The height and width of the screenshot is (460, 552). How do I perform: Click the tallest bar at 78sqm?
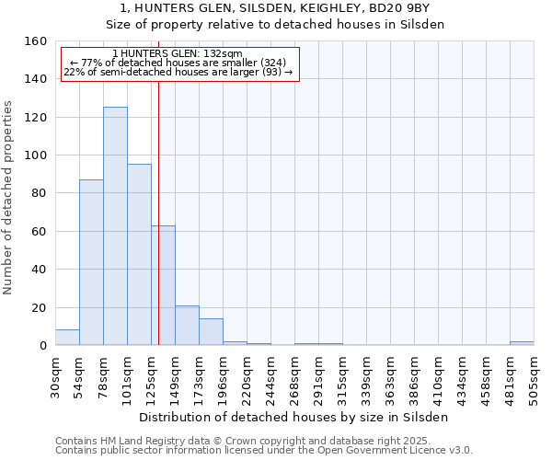point(115,226)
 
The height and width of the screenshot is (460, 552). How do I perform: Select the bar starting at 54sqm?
point(91,262)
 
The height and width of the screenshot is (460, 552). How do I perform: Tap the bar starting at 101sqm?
point(139,255)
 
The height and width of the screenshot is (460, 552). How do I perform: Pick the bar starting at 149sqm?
point(187,326)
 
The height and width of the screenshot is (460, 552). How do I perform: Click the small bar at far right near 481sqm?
point(521,343)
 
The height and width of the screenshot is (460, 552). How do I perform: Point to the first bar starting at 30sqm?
point(67,338)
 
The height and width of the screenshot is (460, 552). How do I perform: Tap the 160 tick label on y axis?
point(36,41)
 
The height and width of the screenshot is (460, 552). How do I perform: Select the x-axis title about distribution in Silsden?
point(294,417)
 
